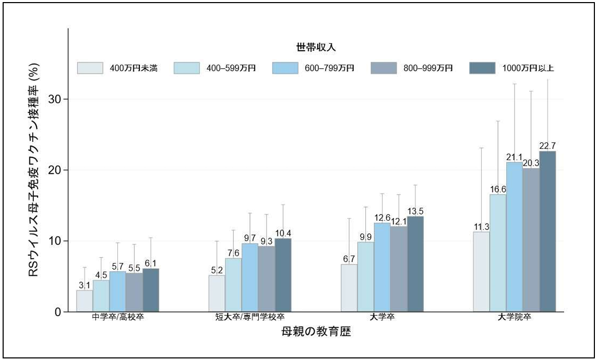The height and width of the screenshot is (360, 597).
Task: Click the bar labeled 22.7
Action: (547, 232)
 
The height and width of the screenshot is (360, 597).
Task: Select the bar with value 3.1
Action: (85, 301)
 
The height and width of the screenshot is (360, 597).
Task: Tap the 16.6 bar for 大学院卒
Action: (498, 253)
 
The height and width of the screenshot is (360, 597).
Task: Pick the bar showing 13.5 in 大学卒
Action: (415, 264)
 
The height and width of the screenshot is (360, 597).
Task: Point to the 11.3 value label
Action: (481, 227)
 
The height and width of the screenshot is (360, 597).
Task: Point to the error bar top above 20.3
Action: (531, 91)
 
